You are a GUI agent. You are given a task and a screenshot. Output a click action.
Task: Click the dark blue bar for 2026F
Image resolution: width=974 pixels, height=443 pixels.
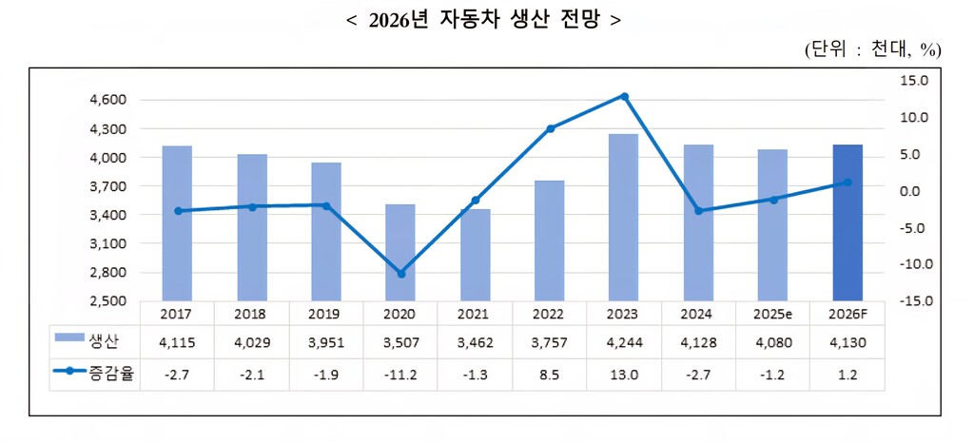847,222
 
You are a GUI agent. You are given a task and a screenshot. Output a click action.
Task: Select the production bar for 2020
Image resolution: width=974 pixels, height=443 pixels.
400,252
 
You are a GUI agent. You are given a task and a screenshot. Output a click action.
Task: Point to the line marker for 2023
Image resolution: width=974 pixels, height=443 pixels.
624,96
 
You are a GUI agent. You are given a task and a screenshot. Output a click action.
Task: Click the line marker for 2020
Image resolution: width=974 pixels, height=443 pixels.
400,274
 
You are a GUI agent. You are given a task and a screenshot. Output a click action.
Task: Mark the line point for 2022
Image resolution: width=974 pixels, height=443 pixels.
550,128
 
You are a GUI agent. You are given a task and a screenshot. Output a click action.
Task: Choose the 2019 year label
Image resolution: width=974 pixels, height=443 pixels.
325,313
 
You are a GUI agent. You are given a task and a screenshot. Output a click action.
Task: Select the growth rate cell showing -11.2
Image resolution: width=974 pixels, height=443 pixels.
400,374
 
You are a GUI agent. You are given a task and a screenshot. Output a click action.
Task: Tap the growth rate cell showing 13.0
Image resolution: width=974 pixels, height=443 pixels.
624,374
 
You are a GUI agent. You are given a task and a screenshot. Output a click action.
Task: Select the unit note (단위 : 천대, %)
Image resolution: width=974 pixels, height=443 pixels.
871,49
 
